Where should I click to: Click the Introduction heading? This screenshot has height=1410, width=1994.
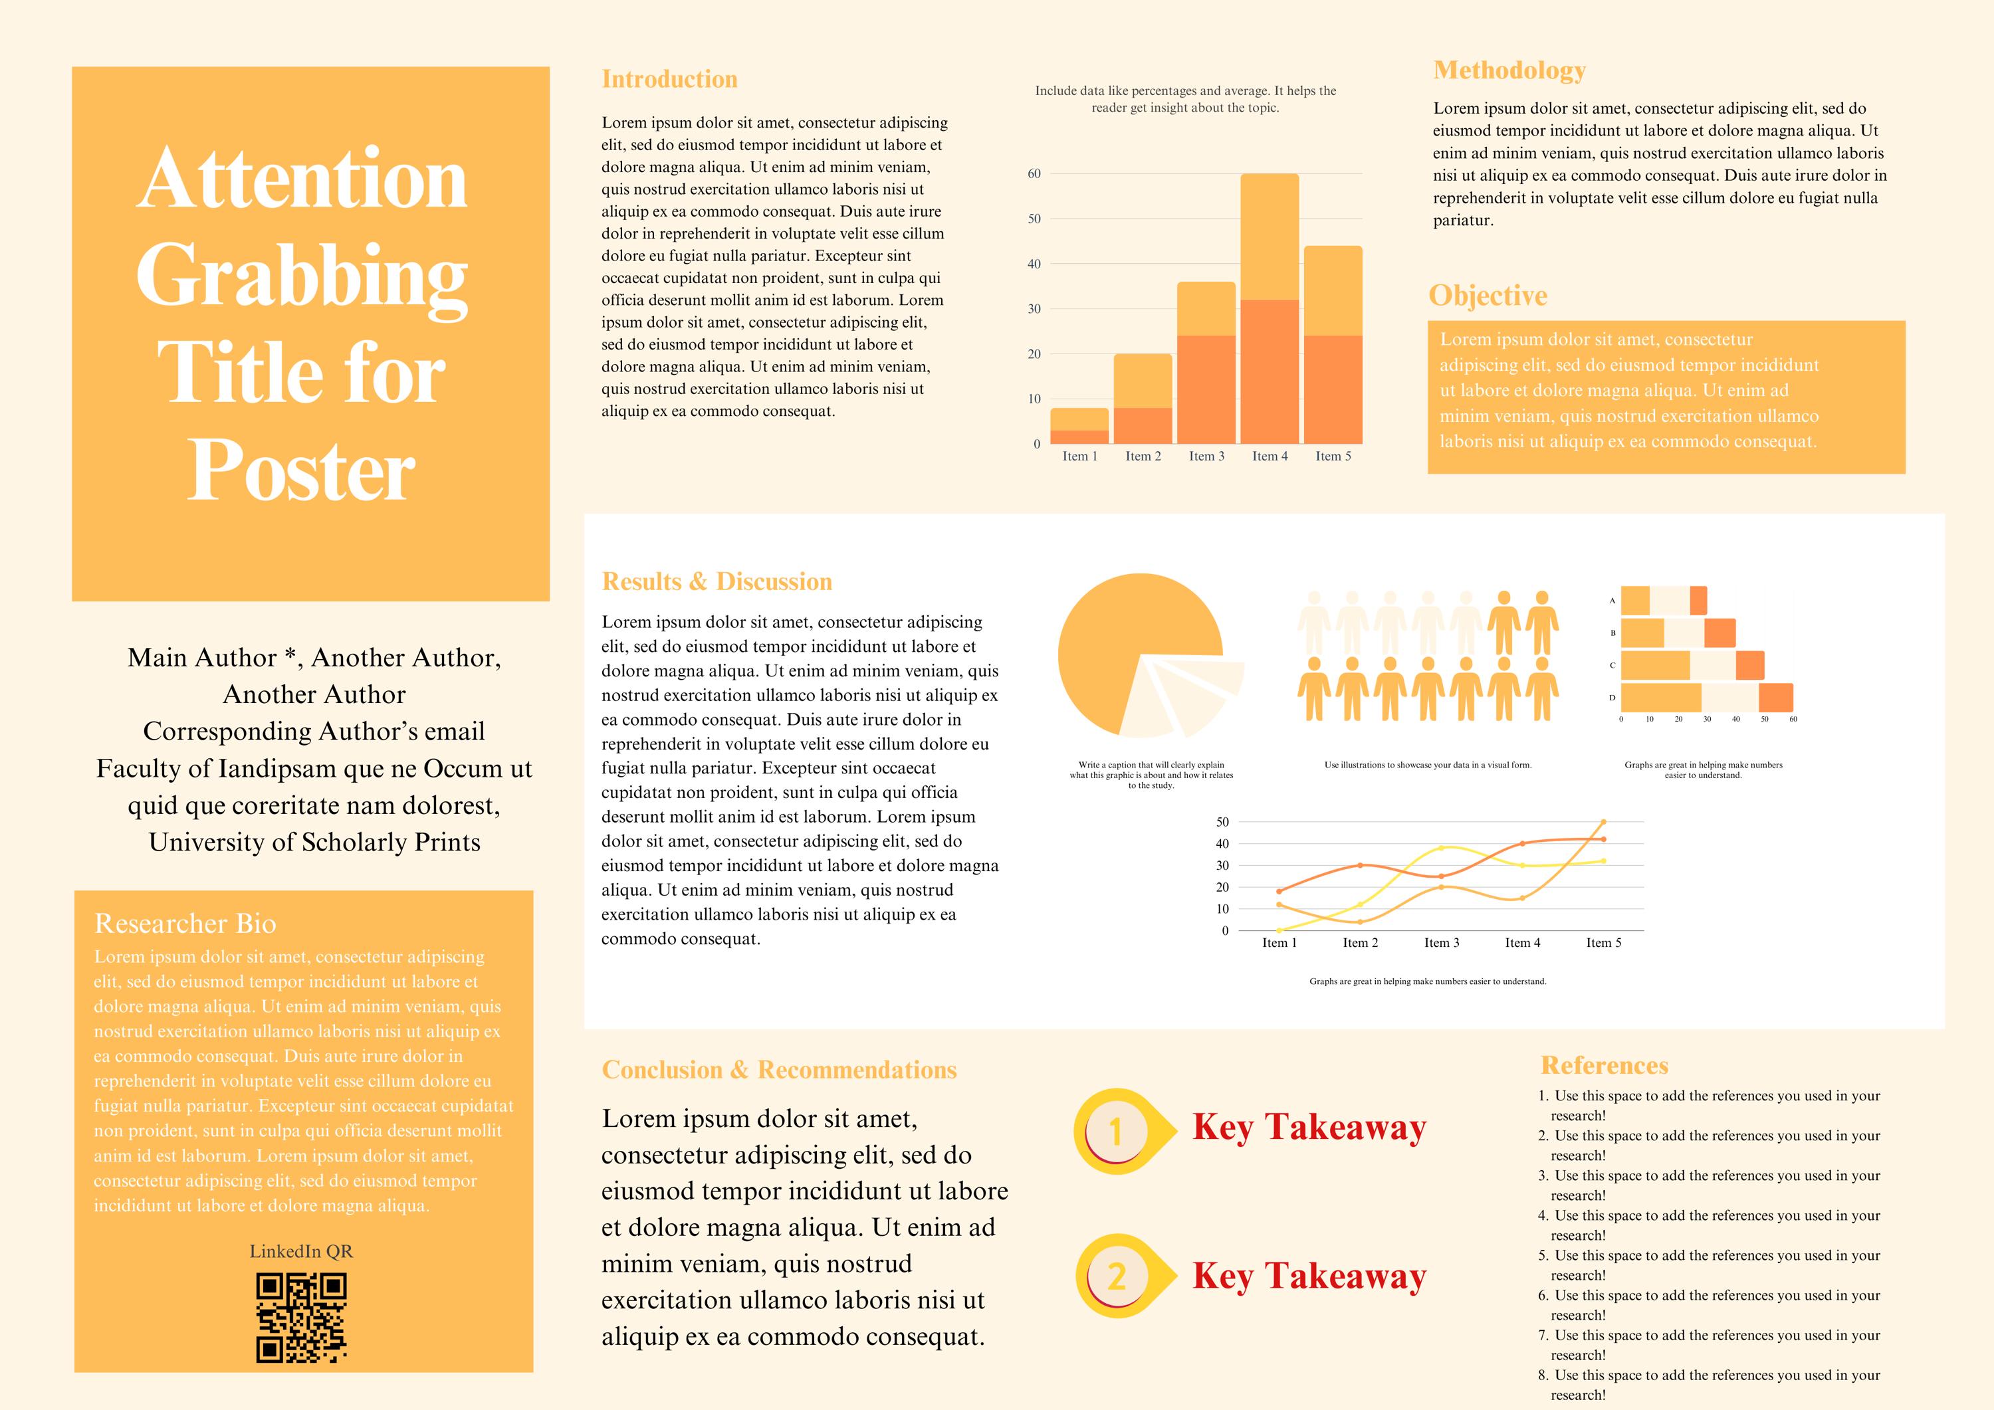[x=669, y=79]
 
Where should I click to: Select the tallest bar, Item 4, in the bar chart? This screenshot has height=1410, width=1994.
[x=1270, y=308]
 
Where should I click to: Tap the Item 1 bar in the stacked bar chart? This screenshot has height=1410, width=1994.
[x=1079, y=425]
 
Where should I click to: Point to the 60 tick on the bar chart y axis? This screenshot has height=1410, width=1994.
[x=1034, y=173]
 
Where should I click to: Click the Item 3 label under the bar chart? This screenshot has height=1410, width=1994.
[x=1206, y=456]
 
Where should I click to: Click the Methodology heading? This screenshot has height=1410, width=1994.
[x=1509, y=70]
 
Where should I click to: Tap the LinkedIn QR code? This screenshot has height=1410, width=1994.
[x=301, y=1316]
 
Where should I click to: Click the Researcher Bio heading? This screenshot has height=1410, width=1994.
[x=185, y=923]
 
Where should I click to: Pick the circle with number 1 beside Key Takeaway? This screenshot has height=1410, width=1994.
[x=1115, y=1130]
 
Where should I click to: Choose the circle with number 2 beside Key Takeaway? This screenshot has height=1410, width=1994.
[x=1116, y=1275]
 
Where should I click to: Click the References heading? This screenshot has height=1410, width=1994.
[x=1604, y=1065]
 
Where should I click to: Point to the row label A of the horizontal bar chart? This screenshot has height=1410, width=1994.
[x=1612, y=601]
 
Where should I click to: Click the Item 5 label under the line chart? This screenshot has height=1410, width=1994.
[x=1603, y=943]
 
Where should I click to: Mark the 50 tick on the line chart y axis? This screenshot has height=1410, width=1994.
[x=1222, y=821]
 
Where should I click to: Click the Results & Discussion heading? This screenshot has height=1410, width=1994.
[x=717, y=581]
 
